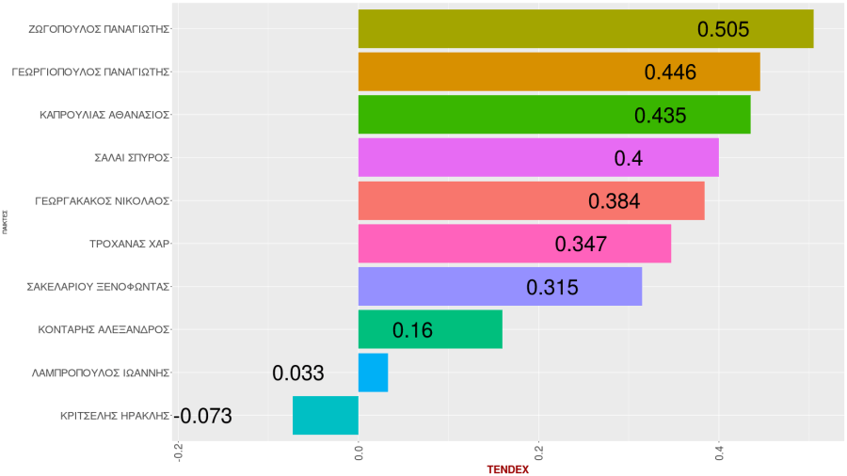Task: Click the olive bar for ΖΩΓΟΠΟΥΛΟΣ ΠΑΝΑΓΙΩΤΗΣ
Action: [527, 28]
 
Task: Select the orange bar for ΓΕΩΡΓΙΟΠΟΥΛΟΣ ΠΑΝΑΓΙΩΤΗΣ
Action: [499, 71]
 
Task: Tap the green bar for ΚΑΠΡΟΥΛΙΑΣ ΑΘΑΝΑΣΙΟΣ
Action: [489, 115]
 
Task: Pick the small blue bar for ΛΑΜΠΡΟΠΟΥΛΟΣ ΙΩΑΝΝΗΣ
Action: [373, 373]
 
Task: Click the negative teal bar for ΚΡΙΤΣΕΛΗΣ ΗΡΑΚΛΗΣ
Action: [326, 416]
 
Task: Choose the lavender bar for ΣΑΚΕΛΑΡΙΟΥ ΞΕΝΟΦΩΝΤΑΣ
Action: [442, 286]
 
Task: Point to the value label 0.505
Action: [723, 29]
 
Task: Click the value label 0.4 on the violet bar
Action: [628, 158]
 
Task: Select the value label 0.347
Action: [581, 244]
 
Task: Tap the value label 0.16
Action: [412, 330]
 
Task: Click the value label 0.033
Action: [298, 373]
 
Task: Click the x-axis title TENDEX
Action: [507, 469]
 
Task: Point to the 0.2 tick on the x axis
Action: [539, 452]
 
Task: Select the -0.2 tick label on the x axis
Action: [179, 452]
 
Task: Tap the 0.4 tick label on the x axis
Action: [719, 452]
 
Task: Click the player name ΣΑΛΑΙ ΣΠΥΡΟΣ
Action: [132, 158]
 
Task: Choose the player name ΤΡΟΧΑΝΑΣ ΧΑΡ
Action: [128, 244]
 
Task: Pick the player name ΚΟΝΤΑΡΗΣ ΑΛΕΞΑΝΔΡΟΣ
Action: [104, 330]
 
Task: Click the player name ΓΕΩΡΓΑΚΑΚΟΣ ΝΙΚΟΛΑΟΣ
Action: [101, 201]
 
